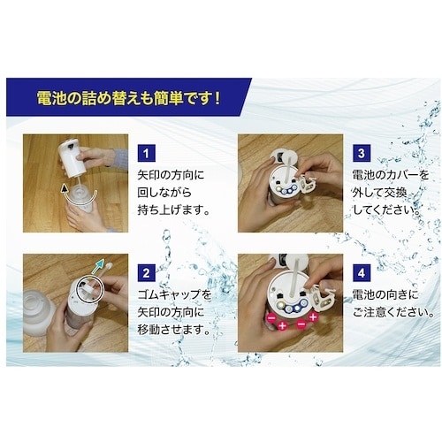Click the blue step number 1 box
click(147, 153)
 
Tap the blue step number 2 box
click(147, 273)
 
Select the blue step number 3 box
click(362, 153)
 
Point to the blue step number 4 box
click(362, 273)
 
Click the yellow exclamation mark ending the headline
click(217, 97)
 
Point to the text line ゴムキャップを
click(174, 294)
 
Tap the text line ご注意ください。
click(393, 312)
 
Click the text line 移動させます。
click(174, 330)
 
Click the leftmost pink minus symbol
click(271, 318)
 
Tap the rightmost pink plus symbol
click(313, 317)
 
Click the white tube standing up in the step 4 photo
click(295, 277)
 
